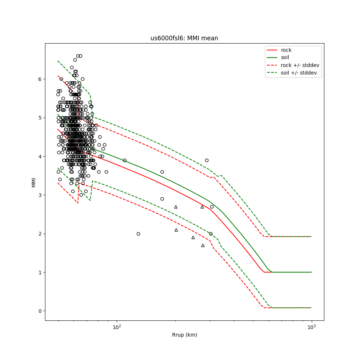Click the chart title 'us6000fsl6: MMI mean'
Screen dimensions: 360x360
coord(184,38)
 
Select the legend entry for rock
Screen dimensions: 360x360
coord(286,50)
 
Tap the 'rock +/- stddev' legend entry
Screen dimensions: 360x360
coord(300,65)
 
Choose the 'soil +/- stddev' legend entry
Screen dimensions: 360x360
coord(300,72)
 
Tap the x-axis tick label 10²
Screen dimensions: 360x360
coord(117,327)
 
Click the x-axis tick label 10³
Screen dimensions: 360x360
coord(311,327)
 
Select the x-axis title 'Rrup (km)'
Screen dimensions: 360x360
coord(184,335)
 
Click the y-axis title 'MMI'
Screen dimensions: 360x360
coord(34,182)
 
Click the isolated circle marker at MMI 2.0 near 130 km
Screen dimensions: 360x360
coord(138,234)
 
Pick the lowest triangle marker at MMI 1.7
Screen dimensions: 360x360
coord(203,245)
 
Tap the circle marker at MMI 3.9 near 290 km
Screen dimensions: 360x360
coord(207,160)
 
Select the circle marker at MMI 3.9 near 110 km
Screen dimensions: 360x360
coord(125,160)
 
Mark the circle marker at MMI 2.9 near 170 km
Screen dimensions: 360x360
coord(162,199)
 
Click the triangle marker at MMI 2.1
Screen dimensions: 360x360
coord(176,230)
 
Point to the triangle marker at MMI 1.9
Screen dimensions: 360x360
coord(193,237)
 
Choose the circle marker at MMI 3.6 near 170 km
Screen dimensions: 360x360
coord(162,172)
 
